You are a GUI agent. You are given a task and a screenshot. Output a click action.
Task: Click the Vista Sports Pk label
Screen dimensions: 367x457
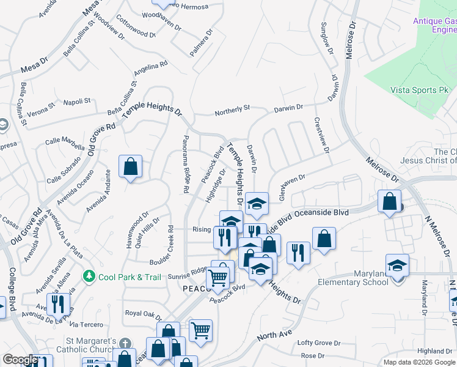pyautogui.click(x=419, y=90)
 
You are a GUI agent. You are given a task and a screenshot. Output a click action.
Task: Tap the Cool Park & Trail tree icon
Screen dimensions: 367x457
pyautogui.click(x=90, y=277)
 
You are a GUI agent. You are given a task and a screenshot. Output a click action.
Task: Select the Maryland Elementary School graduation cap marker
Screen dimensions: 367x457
pyautogui.click(x=398, y=265)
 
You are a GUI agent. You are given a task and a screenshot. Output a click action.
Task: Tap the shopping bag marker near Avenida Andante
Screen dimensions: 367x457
pyautogui.click(x=131, y=166)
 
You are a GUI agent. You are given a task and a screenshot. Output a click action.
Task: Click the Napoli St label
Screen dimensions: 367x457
pyautogui.click(x=78, y=101)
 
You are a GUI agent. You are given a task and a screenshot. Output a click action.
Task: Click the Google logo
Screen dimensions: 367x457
pyautogui.click(x=20, y=360)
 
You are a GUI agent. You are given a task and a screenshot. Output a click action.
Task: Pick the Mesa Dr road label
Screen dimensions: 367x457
pyautogui.click(x=34, y=64)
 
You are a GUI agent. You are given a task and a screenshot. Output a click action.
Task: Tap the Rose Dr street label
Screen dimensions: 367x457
pyautogui.click(x=312, y=355)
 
